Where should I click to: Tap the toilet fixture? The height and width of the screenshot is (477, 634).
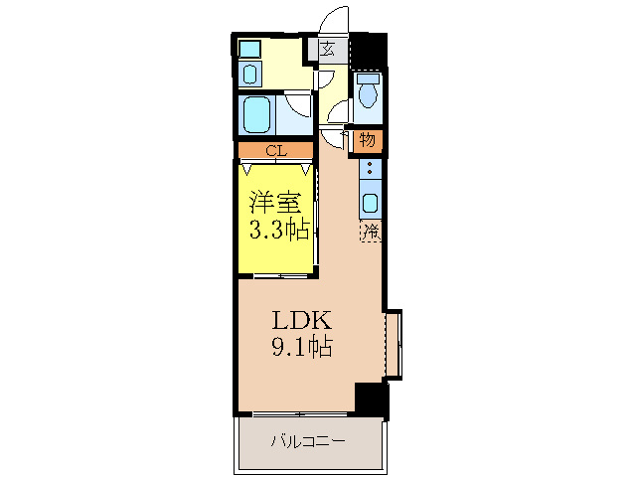tap(369, 92)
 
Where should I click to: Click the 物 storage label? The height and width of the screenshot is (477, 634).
tap(368, 140)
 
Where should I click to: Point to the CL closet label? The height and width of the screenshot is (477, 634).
tap(276, 151)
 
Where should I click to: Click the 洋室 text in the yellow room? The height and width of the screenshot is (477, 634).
tap(274, 203)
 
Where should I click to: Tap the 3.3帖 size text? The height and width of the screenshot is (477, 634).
tap(278, 231)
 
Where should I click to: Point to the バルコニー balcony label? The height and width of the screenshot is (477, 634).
tap(309, 441)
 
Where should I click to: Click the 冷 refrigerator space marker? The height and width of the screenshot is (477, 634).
tap(370, 232)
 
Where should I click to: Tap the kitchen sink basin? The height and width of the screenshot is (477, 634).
tap(370, 204)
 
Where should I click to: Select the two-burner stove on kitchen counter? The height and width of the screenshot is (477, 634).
tap(370, 170)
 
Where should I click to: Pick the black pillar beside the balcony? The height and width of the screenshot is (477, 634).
tap(371, 398)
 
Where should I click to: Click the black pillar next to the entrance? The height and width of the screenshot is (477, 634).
tap(371, 48)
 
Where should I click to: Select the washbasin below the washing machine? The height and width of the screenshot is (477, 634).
tap(250, 74)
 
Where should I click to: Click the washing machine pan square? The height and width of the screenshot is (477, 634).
tap(250, 48)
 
